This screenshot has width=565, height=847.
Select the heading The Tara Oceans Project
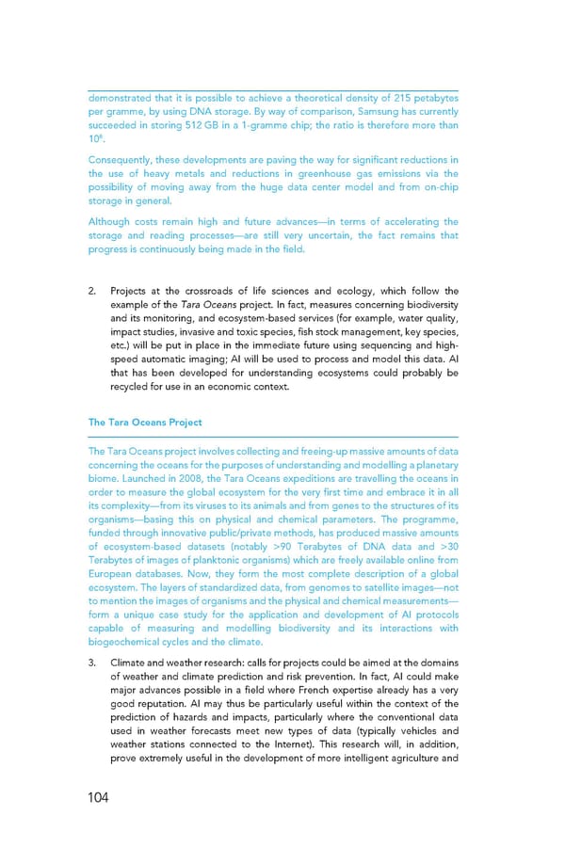coord(145,423)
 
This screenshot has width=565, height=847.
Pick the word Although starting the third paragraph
coord(108,222)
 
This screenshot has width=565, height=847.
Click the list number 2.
coord(93,291)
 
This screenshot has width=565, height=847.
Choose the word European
coord(113,576)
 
